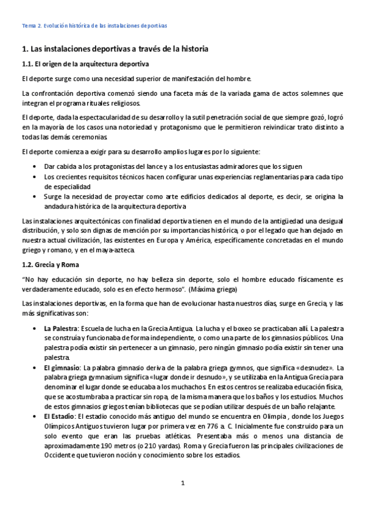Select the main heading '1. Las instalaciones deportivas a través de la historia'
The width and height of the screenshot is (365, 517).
point(115,48)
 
